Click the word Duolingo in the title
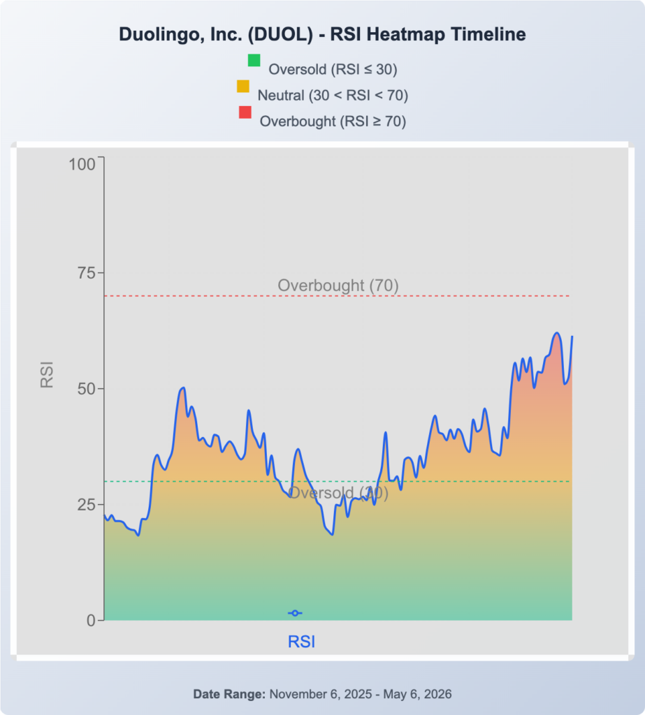pos(157,35)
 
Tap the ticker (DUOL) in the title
pos(281,34)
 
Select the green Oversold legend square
pos(254,60)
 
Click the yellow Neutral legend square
pos(243,86)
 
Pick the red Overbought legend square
pos(245,112)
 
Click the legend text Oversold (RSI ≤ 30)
pos(333,69)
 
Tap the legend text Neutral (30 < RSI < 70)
pos(333,95)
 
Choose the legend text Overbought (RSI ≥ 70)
pos(333,121)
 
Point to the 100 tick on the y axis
pos(82,164)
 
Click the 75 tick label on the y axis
pos(87,273)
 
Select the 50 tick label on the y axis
pos(87,389)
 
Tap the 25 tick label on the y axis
pos(87,505)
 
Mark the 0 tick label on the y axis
pos(92,621)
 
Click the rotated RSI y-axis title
pos(47,375)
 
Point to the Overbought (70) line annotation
pos(338,286)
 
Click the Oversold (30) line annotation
pos(338,493)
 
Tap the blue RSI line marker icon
pos(295,613)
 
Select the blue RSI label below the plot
pos(301,642)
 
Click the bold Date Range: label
pos(229,694)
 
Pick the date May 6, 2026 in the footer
pos(417,694)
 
